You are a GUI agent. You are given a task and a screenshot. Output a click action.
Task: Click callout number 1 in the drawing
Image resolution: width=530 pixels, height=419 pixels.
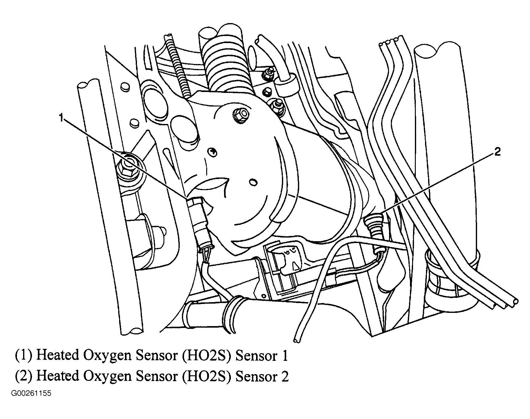pyautogui.click(x=62, y=118)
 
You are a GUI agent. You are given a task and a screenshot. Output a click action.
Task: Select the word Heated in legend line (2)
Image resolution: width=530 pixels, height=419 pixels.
pyautogui.click(x=57, y=376)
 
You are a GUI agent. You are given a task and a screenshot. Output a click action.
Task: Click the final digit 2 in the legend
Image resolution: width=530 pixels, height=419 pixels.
pyautogui.click(x=285, y=376)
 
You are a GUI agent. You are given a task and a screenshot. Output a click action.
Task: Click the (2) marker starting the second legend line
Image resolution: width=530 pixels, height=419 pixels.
pyautogui.click(x=24, y=376)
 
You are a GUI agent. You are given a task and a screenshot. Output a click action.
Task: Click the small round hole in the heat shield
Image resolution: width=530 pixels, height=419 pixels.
pyautogui.click(x=253, y=182)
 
